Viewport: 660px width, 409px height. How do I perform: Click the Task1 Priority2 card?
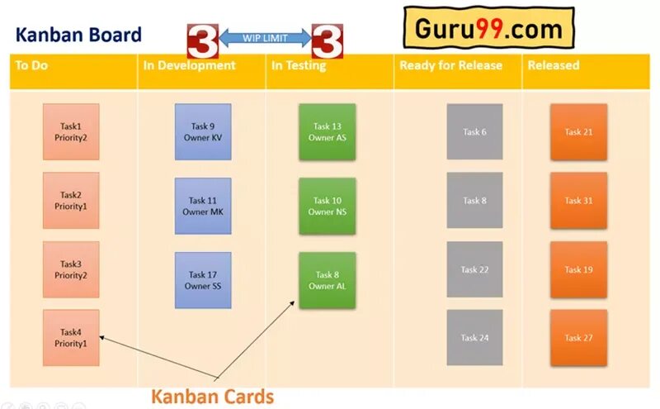pyautogui.click(x=71, y=131)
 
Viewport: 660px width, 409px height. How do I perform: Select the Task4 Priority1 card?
pyautogui.click(x=71, y=337)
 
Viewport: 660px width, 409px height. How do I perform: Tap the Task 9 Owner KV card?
pyautogui.click(x=203, y=131)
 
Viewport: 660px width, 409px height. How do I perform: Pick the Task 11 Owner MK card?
pyautogui.click(x=203, y=206)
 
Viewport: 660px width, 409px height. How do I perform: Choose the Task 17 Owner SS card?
pyautogui.click(x=203, y=280)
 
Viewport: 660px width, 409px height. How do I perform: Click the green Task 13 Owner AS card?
pyautogui.click(x=328, y=132)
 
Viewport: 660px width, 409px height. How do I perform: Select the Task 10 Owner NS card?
pyautogui.click(x=328, y=206)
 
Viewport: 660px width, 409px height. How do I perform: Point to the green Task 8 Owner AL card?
pyautogui.click(x=328, y=280)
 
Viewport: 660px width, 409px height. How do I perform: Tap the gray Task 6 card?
pyautogui.click(x=474, y=131)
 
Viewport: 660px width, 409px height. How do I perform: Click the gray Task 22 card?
pyautogui.click(x=474, y=269)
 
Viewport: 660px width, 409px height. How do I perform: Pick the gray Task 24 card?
pyautogui.click(x=474, y=337)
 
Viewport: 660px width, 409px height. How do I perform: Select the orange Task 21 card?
pyautogui.click(x=578, y=131)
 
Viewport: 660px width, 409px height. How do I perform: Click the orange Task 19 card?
pyautogui.click(x=578, y=269)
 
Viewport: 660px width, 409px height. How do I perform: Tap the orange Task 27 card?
pyautogui.click(x=578, y=337)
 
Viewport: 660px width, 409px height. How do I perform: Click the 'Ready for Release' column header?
pyautogui.click(x=450, y=65)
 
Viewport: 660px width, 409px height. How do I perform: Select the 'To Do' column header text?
pyautogui.click(x=31, y=65)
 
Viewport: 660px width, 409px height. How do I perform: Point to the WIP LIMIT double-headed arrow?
pyautogui.click(x=265, y=37)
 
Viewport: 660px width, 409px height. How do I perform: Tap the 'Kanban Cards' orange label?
pyautogui.click(x=212, y=397)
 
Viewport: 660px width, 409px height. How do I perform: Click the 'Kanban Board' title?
pyautogui.click(x=78, y=35)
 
